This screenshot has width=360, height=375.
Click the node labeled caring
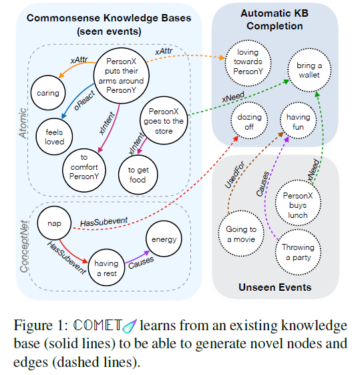click(x=49, y=94)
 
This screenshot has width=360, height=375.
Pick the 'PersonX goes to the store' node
click(x=164, y=121)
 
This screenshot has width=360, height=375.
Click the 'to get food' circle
click(x=137, y=174)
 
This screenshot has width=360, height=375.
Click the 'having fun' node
click(x=299, y=121)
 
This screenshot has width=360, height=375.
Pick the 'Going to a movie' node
click(x=236, y=233)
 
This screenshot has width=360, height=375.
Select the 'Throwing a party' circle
click(x=295, y=252)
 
